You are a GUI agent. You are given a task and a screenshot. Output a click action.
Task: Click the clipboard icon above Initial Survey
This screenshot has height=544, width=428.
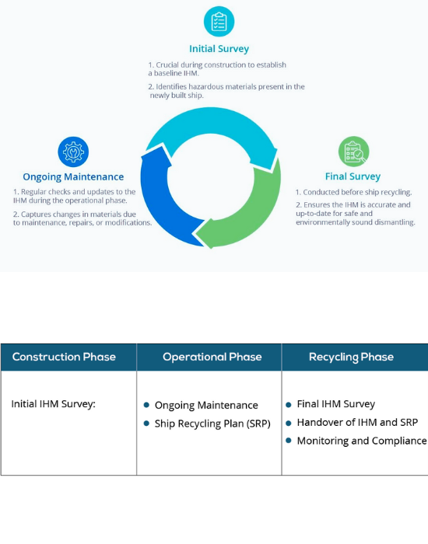[219, 21]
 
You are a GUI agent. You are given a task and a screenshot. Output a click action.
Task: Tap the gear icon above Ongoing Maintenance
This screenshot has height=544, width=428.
[73, 152]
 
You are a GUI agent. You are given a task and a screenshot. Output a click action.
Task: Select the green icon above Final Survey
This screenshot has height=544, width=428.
[353, 152]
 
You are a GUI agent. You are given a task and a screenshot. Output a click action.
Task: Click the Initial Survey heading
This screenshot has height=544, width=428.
[219, 48]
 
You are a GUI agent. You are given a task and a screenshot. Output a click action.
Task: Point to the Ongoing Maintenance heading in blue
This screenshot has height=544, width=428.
[73, 176]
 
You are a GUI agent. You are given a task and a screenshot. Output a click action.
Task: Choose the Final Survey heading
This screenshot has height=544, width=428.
[353, 176]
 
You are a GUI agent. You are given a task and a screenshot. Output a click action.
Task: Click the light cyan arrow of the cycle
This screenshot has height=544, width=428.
[212, 130]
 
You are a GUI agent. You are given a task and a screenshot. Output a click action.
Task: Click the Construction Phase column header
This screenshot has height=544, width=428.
[64, 357]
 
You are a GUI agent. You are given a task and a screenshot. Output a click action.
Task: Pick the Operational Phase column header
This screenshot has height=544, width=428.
[212, 357]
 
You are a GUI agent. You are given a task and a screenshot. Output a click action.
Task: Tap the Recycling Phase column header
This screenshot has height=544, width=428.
[351, 357]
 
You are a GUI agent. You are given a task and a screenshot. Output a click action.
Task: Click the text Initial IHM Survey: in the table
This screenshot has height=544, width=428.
[53, 404]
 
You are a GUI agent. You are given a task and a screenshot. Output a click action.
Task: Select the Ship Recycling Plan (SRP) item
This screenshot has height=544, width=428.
[212, 424]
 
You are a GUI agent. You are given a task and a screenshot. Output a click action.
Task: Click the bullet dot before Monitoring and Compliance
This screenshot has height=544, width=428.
[289, 441]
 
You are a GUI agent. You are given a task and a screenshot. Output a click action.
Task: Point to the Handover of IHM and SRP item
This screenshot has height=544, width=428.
[357, 422]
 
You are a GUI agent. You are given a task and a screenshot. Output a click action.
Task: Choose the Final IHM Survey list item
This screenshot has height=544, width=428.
[336, 404]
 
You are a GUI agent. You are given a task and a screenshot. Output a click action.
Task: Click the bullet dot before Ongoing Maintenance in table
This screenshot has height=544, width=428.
[146, 405]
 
